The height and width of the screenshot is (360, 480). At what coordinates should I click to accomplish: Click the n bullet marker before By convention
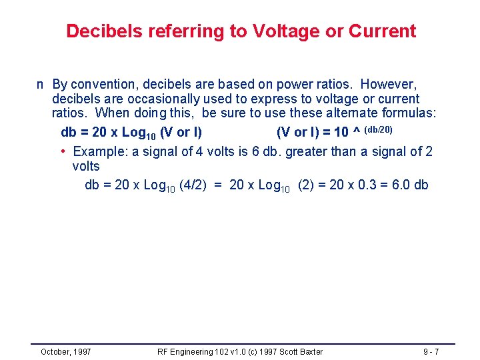pos(41,85)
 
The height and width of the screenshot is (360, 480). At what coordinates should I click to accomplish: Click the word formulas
pos(410,113)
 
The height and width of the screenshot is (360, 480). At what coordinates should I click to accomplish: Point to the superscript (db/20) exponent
pos(383,129)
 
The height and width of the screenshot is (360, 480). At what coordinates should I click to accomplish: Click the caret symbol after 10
pos(357,131)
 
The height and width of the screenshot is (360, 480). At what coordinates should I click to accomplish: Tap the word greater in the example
pos(312,152)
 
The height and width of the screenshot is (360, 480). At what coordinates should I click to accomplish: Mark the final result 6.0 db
pos(411,185)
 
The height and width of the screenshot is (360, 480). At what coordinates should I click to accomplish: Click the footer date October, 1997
pos(66,351)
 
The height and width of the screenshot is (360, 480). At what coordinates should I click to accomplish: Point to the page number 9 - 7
pos(431,351)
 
